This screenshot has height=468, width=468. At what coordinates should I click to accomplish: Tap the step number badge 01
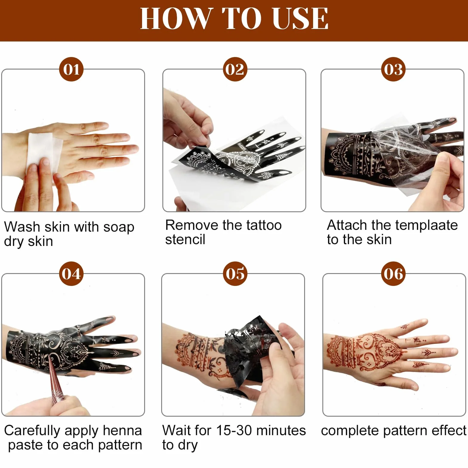tap(71, 69)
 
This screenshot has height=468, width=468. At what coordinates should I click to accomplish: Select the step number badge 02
tap(235, 69)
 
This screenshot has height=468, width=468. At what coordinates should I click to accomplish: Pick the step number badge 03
tap(393, 69)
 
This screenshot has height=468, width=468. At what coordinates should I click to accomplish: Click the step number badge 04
tap(71, 274)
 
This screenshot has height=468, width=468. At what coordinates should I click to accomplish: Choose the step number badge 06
tap(393, 274)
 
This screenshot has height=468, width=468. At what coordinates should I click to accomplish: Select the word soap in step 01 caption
tap(119, 227)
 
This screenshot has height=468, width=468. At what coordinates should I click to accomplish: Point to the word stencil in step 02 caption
tap(185, 239)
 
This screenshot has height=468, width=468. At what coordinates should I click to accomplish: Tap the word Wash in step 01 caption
tap(22, 227)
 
